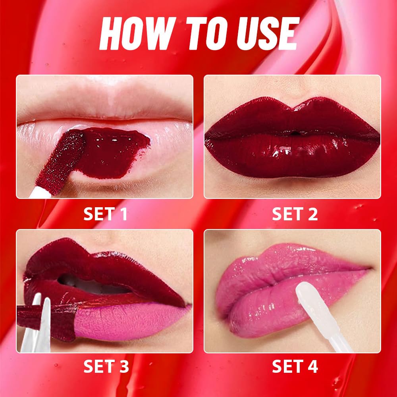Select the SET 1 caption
[x=105, y=214]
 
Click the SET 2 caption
[x=295, y=214]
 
